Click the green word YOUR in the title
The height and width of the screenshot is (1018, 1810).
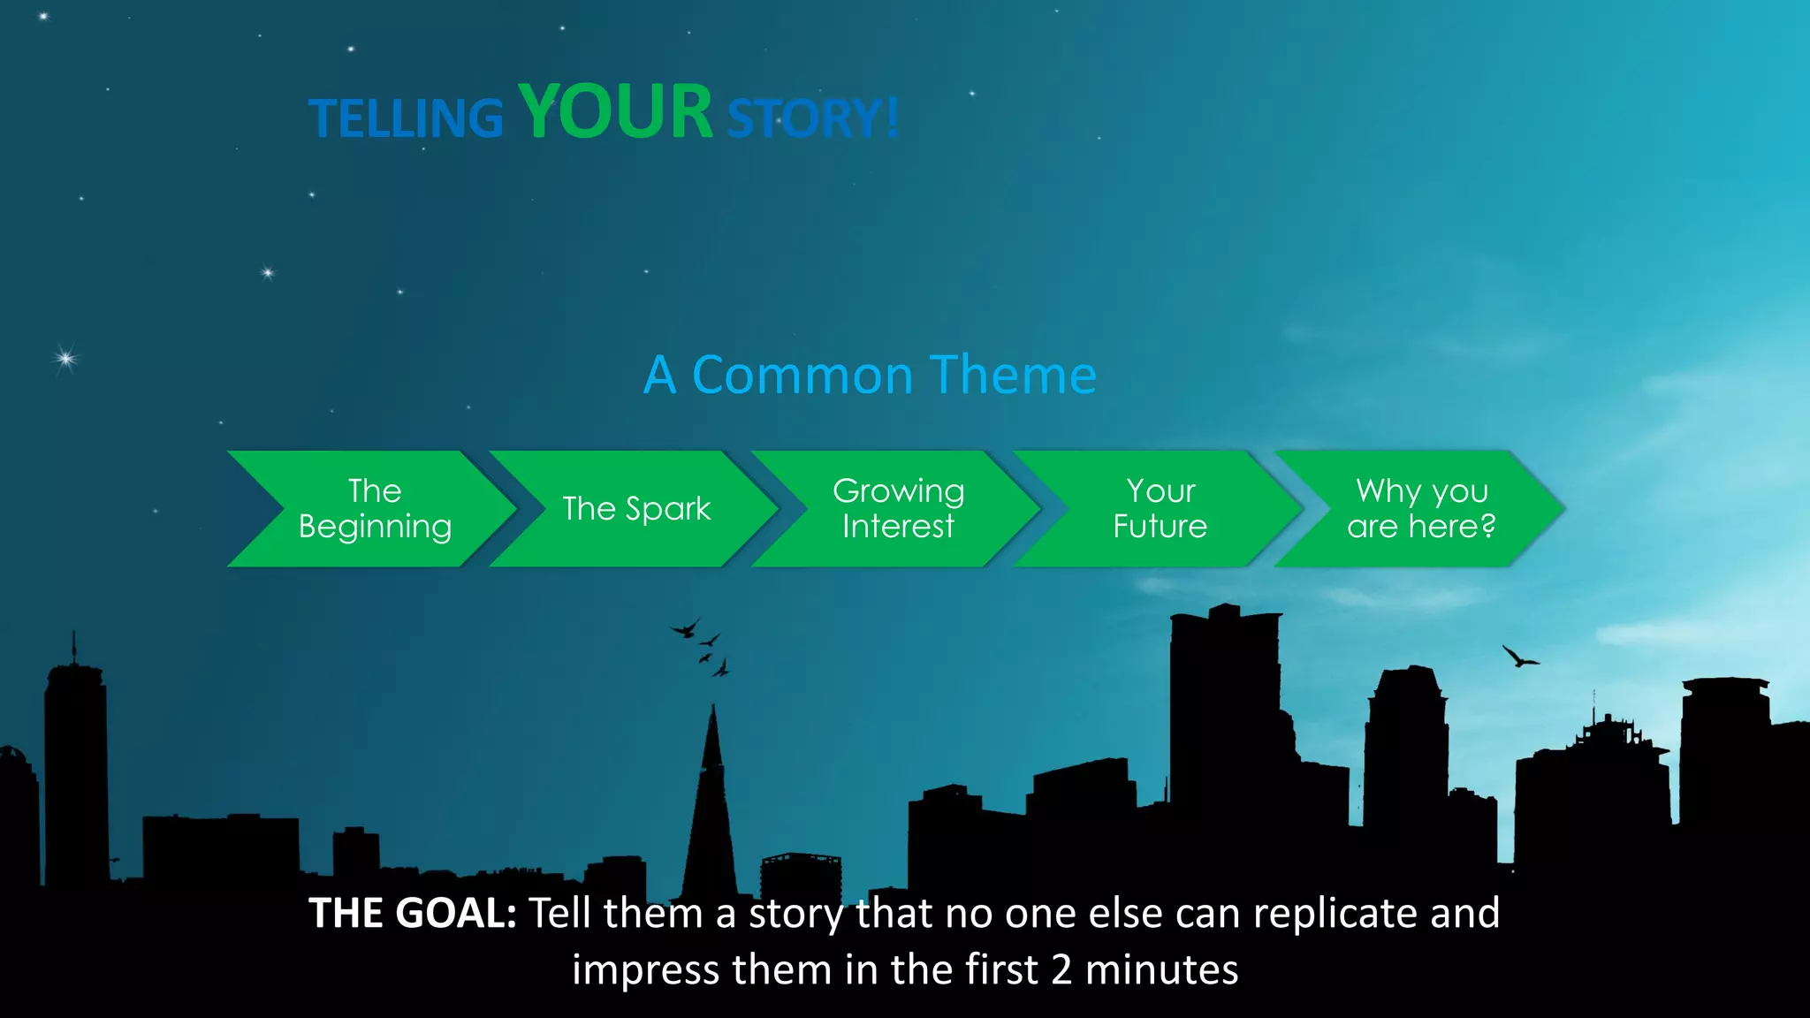coord(615,112)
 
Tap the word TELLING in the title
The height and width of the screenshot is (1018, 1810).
coord(406,119)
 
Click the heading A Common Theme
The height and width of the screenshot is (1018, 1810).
coord(870,375)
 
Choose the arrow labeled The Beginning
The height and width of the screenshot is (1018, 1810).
coord(375,509)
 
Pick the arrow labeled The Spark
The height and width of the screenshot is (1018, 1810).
coord(636,509)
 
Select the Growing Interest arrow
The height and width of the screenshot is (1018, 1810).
coord(898,509)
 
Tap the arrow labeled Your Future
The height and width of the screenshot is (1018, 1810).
coord(1160,509)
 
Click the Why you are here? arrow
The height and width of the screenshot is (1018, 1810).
coord(1421,509)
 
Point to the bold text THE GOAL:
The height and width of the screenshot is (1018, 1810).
coord(412,913)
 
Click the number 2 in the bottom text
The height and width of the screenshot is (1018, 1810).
coord(1061,970)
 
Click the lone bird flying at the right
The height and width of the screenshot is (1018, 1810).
coord(1519,657)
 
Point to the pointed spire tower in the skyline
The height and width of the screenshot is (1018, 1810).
coord(712,795)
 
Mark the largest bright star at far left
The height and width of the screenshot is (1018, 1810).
coord(65,358)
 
